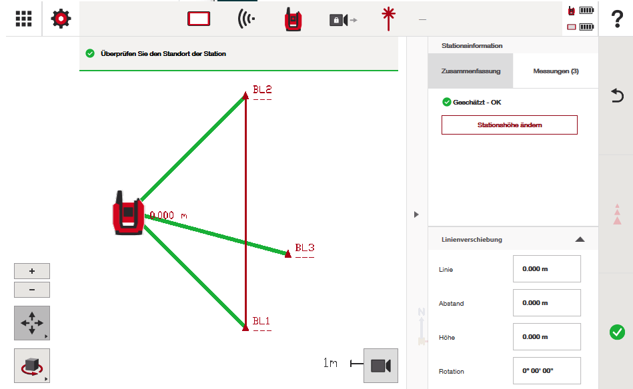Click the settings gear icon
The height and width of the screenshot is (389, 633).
tap(61, 19)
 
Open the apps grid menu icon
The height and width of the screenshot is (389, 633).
tap(23, 19)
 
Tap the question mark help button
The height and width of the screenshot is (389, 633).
tap(617, 19)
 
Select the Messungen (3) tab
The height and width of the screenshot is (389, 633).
tap(556, 71)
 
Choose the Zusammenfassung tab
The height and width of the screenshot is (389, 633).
tap(471, 71)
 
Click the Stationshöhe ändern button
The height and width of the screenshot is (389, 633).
tap(510, 125)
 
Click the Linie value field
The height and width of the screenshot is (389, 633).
tap(546, 269)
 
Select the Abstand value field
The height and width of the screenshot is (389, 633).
tap(546, 302)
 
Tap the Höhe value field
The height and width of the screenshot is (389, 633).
tap(546, 336)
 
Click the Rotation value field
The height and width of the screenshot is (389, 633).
tap(546, 370)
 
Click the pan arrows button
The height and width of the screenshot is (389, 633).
tap(32, 323)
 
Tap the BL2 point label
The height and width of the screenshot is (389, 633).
tap(262, 89)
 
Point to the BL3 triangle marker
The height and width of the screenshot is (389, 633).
tap(288, 254)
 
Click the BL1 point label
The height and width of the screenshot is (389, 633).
tap(261, 321)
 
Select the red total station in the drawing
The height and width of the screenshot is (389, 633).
tap(128, 213)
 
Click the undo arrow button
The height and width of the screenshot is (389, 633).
tap(617, 95)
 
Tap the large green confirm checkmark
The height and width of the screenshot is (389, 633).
tap(617, 332)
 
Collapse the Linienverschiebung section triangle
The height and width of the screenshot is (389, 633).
tap(580, 239)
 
